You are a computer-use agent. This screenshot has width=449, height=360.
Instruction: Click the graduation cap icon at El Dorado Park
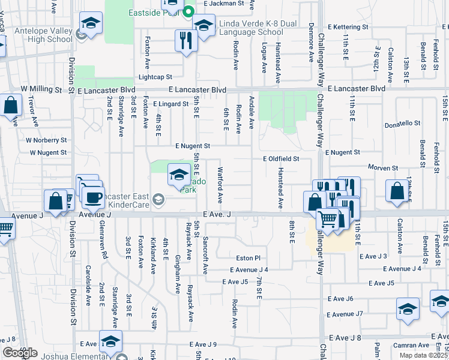coord(179,175)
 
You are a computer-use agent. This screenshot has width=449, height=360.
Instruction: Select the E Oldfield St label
coord(281,159)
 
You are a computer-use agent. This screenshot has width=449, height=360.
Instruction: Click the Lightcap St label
coord(155,77)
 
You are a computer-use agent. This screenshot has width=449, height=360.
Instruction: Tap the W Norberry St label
coord(46,140)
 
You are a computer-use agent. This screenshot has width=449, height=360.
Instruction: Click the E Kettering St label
coord(356,27)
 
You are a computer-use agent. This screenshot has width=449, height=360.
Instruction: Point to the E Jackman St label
coord(224,3)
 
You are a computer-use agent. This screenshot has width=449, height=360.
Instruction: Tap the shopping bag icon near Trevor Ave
coord(11,106)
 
